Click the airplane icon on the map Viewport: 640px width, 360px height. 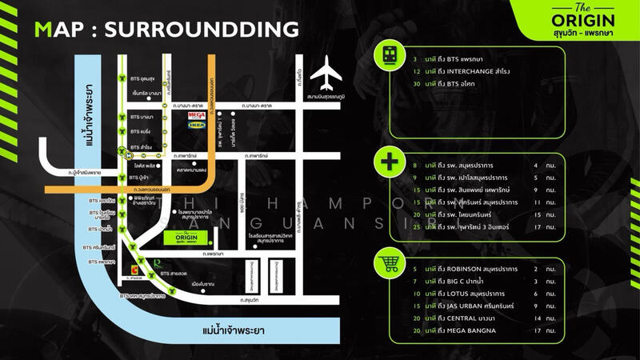click(x=326, y=74)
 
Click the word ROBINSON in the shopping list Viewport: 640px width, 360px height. click(x=464, y=269)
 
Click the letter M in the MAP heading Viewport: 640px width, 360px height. click(x=46, y=30)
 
